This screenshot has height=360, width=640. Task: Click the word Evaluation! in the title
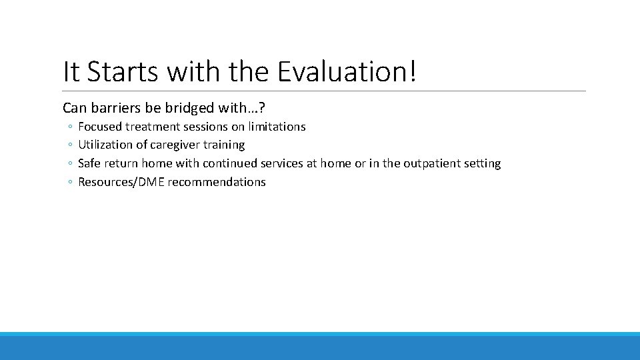click(347, 71)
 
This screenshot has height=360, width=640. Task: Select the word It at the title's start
click(69, 71)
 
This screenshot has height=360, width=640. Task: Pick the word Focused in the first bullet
click(100, 127)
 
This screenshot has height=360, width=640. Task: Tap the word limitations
click(277, 127)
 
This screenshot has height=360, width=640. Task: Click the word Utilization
click(105, 145)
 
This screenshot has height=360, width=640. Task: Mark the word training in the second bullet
click(225, 145)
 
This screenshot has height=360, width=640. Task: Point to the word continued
click(230, 163)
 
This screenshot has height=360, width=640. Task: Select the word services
click(283, 163)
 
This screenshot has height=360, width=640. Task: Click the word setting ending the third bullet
click(482, 163)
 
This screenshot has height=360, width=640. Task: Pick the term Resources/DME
click(121, 182)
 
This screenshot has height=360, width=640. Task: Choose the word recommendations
click(217, 182)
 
